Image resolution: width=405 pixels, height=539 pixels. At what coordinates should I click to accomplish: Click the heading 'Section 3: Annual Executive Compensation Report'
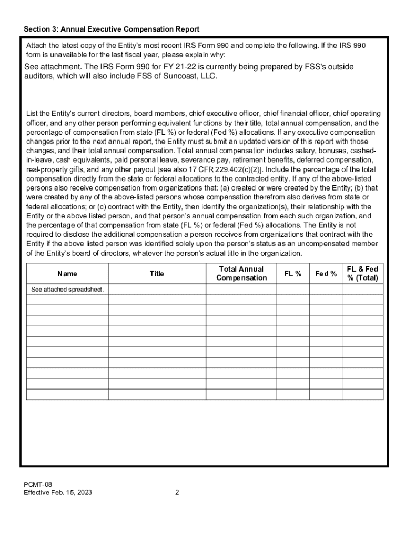point(111,29)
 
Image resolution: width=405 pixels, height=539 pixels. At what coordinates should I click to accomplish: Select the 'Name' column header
point(67,274)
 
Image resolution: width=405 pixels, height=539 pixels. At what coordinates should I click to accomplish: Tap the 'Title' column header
point(157,274)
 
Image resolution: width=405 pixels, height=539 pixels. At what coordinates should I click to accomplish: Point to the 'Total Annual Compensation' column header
point(241,273)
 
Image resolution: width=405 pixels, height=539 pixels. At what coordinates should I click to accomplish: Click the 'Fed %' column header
point(326,274)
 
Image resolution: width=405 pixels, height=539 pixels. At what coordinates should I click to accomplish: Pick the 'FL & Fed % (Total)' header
point(362,273)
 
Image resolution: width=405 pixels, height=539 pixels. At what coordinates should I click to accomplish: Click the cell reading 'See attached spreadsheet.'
point(67,290)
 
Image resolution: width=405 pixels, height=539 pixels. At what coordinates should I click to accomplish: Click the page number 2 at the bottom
point(177,493)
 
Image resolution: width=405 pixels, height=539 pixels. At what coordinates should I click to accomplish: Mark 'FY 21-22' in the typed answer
point(180,67)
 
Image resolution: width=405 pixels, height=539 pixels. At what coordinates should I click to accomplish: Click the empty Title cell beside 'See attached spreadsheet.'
point(157,290)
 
